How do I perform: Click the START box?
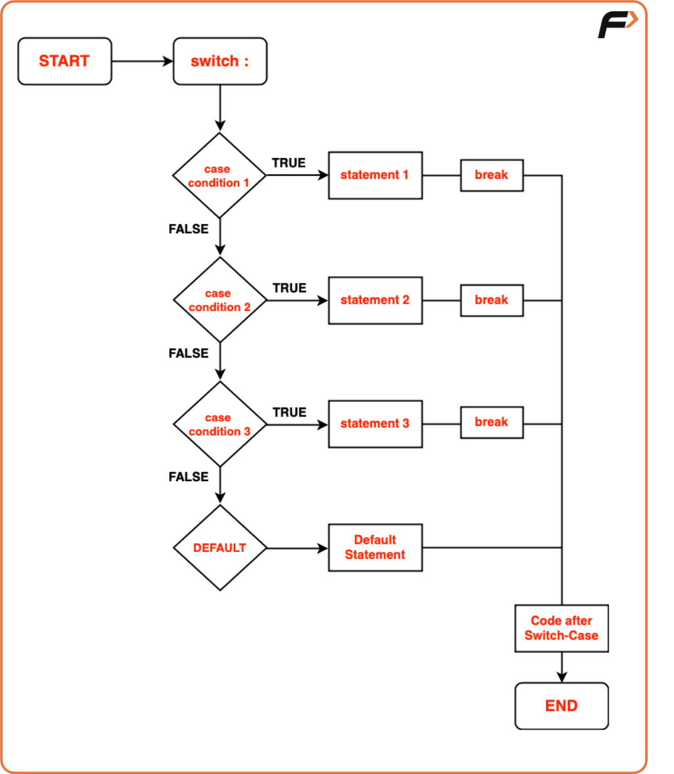(x=65, y=61)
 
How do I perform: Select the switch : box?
(x=220, y=61)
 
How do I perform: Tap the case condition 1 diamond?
(x=219, y=176)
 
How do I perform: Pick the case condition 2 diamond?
(x=220, y=300)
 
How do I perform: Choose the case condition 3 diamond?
(x=220, y=424)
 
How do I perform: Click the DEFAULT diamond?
(x=220, y=548)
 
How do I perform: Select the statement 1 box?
(x=375, y=175)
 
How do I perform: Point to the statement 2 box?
(x=375, y=300)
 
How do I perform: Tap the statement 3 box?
(x=375, y=423)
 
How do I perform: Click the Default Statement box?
(x=375, y=548)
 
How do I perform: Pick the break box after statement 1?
(x=492, y=175)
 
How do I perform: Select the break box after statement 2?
(x=492, y=300)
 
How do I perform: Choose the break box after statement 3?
(x=492, y=422)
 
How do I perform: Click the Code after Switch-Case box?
(x=561, y=628)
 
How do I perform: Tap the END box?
(x=561, y=706)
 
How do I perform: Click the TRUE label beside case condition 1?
(x=288, y=163)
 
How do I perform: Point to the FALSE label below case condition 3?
(x=188, y=477)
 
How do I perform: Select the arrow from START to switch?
(x=142, y=61)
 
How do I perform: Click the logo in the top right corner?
(x=618, y=24)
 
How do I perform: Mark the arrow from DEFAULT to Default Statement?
(x=297, y=548)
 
